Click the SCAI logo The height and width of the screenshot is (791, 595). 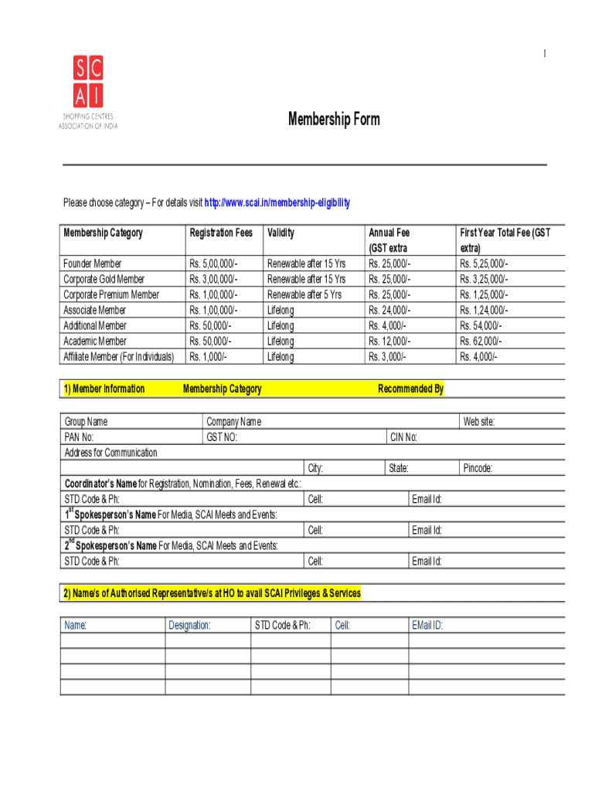pos(88,92)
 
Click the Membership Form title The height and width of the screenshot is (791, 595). pos(334,120)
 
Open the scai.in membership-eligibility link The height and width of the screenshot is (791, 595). pos(277,203)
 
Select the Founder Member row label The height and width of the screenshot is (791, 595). pos(92,263)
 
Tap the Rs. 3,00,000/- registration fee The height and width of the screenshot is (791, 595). pos(213,279)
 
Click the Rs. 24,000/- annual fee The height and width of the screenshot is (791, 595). pos(389,310)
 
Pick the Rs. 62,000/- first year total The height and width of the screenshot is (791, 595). pos(481,341)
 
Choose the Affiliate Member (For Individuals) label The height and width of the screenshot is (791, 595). pos(118,356)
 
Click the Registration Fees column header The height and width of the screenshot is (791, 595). pos(221,233)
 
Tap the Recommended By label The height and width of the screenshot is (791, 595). pos(410,389)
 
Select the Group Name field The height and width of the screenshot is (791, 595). pos(86,422)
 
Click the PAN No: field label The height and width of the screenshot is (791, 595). pos(80,437)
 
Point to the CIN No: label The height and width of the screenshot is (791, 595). pos(403,437)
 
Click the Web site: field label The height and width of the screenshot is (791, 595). pos(478,422)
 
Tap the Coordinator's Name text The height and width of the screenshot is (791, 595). pos(100,484)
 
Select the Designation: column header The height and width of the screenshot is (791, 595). pos(189,625)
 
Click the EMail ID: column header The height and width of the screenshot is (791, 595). pos(427,625)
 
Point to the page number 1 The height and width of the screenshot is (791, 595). pos(544,53)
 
